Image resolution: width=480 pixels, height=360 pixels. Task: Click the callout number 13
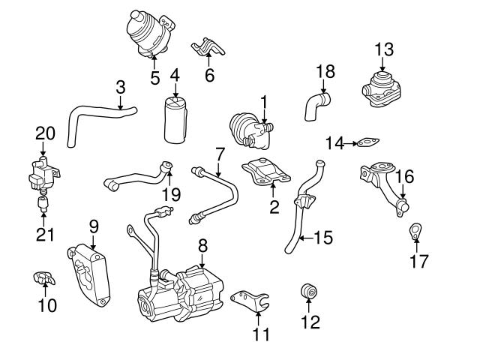tap(383, 49)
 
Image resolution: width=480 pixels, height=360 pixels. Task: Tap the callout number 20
tap(45, 133)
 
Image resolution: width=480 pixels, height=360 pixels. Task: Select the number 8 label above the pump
tap(202, 244)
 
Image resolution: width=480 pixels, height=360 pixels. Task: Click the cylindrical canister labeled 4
tap(178, 120)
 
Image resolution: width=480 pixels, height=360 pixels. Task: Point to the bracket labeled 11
tap(248, 301)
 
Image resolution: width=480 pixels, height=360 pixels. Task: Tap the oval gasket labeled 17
tap(415, 232)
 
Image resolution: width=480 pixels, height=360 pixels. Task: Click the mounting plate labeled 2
tap(265, 172)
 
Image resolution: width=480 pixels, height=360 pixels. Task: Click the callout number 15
tap(322, 238)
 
